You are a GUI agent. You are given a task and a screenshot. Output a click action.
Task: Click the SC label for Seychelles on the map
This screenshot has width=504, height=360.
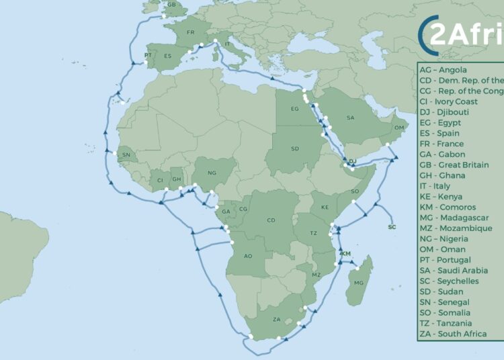coord(392,227)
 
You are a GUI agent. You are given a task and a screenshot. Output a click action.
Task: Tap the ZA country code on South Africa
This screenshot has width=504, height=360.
coord(276,320)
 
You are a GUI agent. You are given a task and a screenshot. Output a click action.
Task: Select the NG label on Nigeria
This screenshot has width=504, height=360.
coord(212,173)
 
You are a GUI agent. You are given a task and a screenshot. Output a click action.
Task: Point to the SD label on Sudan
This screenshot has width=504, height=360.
coord(295,148)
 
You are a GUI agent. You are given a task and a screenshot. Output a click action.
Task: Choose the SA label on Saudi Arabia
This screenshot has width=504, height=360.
coord(350,118)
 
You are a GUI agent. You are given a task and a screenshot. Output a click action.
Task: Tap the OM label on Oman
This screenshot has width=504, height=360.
coord(399,128)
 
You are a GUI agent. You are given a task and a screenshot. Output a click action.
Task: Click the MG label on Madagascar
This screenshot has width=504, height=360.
coord(358,283)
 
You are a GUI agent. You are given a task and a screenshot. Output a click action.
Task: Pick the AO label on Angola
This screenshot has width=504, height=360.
coord(248,256)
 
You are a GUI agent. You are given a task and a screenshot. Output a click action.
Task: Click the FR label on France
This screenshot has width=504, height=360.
coord(190,32)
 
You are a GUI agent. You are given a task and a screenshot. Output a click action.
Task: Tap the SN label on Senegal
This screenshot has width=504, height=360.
coord(126,155)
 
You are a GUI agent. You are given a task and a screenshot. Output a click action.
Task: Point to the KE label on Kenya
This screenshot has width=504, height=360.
coord(325,208)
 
